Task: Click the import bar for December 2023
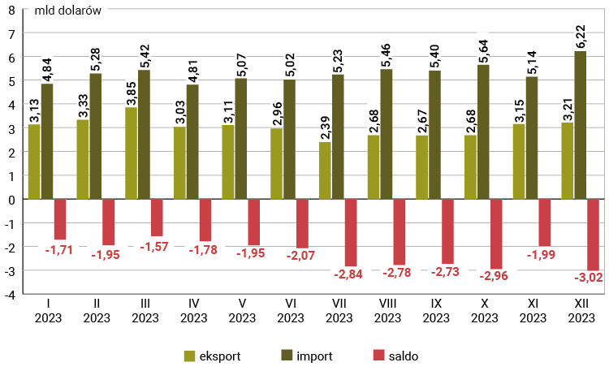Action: pos(580,125)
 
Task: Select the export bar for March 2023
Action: pos(131,153)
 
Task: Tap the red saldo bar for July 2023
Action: pos(351,232)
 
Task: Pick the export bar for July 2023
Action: pos(325,170)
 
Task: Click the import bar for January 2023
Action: pos(47,141)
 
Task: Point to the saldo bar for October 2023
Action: pos(496,234)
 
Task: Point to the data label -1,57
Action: pos(156,246)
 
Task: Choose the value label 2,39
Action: pos(325,125)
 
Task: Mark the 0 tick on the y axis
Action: pos(12,200)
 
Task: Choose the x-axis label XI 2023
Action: pos(533,310)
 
